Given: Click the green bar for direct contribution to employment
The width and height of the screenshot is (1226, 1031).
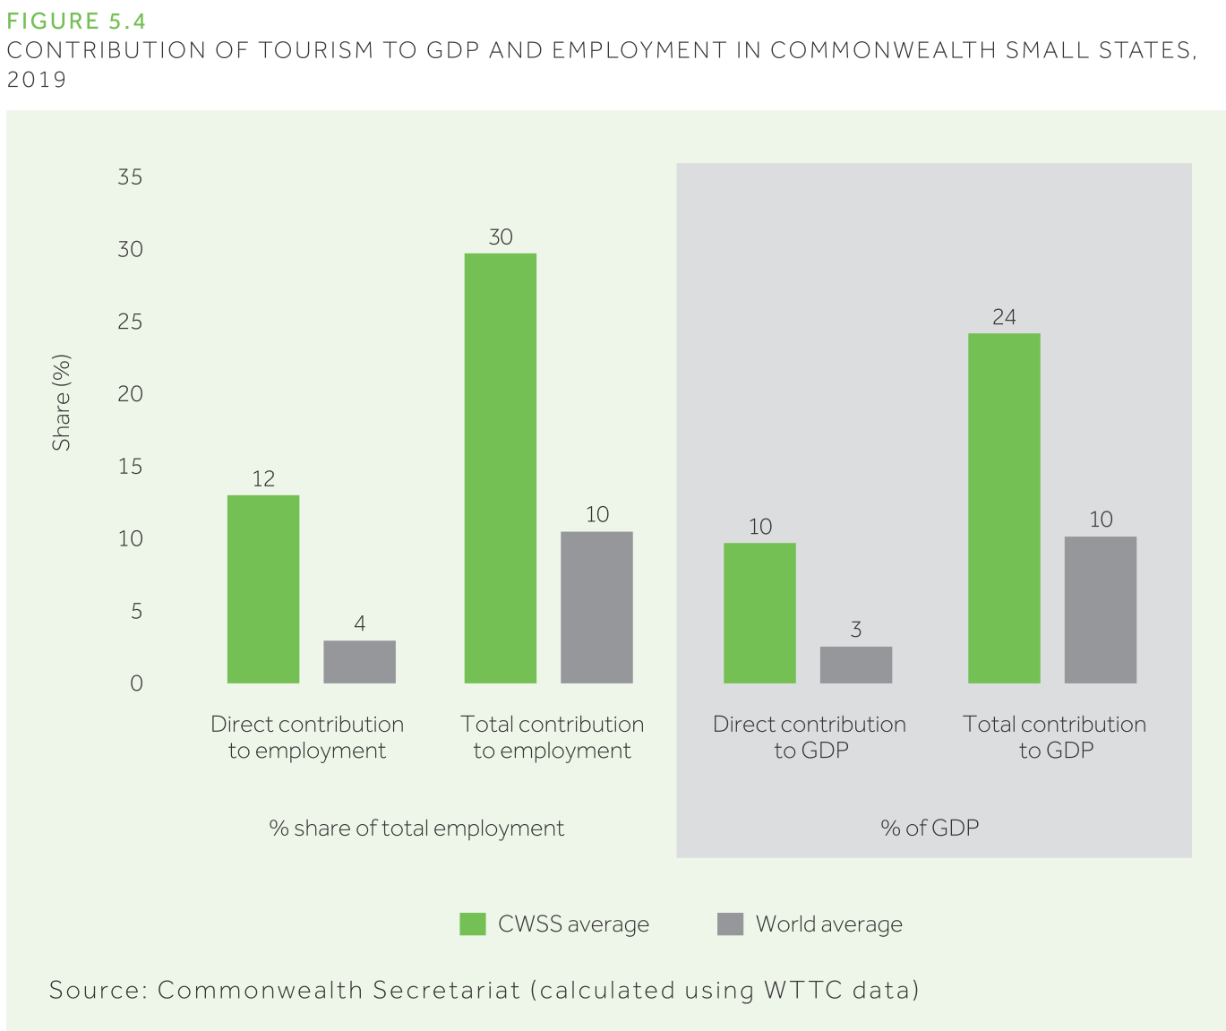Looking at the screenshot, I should (263, 589).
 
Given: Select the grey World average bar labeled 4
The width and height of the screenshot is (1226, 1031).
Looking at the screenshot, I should (359, 662).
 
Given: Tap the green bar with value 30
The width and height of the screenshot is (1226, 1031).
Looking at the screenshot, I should (501, 468).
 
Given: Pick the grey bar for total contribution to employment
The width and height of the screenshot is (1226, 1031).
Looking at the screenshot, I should (596, 607).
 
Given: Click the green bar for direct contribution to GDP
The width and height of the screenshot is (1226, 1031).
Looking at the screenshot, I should (759, 613).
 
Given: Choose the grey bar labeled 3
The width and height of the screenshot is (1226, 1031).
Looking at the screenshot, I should (856, 665).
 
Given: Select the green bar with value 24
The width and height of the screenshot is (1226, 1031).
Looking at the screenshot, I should (1004, 508).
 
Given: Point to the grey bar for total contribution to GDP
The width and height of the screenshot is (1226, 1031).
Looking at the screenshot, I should (1101, 610).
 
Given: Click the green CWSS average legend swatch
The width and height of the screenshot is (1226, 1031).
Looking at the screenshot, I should (473, 924).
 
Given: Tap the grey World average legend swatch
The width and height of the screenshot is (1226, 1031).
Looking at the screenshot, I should (731, 924).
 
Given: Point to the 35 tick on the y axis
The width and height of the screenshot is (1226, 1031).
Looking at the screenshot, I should (131, 177).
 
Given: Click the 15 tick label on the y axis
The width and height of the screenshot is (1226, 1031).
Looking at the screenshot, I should (131, 467).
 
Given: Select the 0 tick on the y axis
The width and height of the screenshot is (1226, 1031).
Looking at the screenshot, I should (136, 683).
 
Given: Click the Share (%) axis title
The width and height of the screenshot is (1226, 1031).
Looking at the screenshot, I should (61, 403).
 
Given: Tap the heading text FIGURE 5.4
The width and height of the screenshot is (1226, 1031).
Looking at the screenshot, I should (76, 21).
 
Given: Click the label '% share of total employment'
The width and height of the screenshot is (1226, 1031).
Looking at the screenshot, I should (416, 828).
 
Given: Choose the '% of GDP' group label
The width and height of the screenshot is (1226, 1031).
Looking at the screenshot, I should (930, 828).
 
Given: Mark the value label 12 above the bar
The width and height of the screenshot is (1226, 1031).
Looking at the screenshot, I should (263, 479).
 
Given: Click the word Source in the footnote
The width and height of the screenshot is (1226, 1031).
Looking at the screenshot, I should (94, 990).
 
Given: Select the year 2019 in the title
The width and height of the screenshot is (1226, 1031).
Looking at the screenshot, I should (37, 80).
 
